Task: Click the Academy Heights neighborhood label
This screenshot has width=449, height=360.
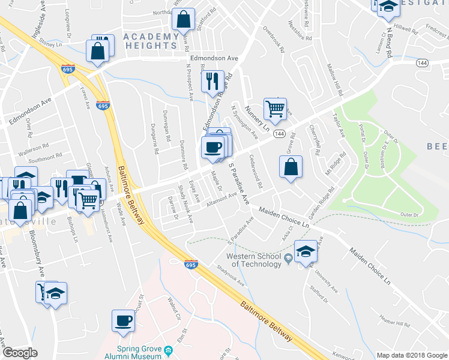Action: click(151, 41)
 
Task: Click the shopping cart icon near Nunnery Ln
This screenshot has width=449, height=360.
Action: click(275, 109)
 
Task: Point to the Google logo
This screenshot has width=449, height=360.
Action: click(20, 353)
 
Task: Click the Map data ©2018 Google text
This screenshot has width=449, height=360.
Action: click(411, 355)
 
